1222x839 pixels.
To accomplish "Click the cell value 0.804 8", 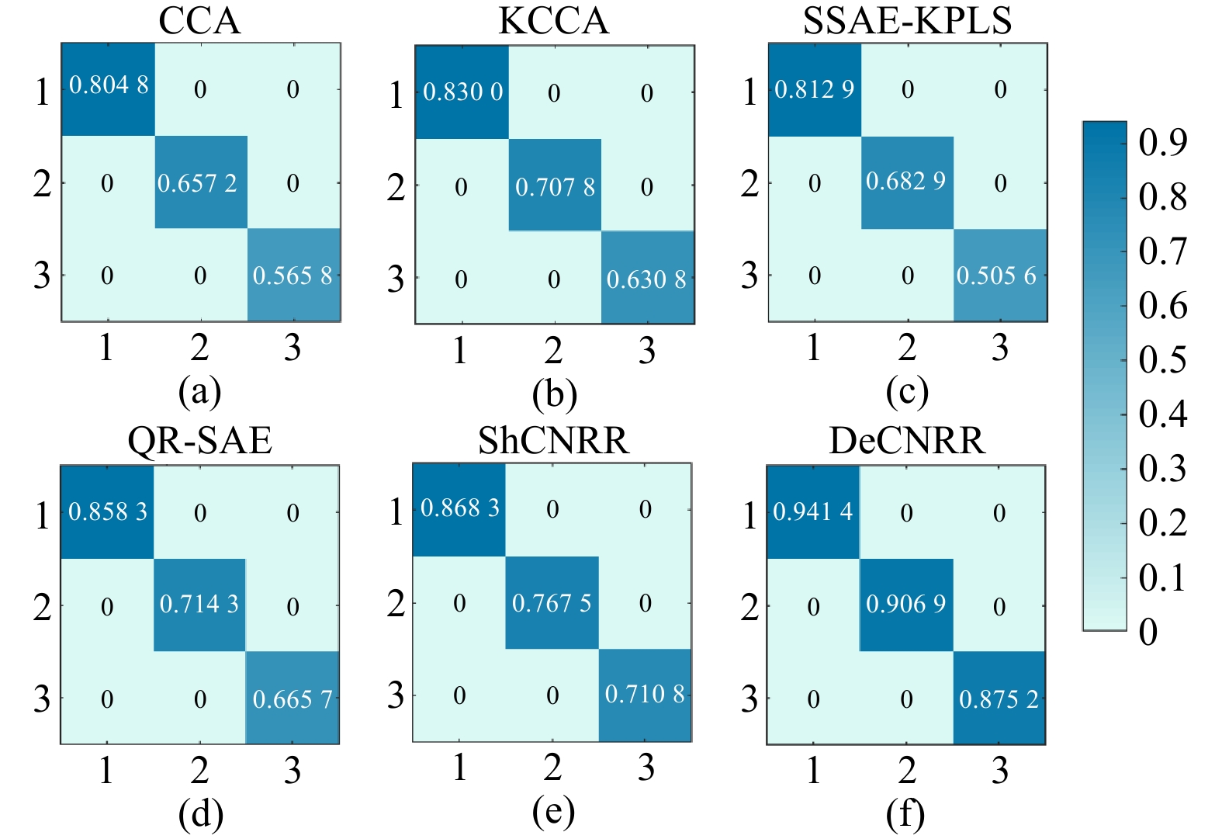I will [109, 85].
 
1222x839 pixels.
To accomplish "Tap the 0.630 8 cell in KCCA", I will [646, 279].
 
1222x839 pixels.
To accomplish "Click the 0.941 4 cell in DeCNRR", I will [812, 511].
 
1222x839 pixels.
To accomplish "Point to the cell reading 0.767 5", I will [552, 602].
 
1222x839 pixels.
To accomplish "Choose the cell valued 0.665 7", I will [293, 699].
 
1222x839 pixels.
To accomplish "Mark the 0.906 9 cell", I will [906, 604].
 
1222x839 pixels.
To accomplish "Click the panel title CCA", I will [199, 21].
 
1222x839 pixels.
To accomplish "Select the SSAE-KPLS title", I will [907, 21].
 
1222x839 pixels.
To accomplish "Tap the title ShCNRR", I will [553, 441].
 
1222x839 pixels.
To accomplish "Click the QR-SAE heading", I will [199, 441].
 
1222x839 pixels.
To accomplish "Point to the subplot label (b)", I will [554, 394].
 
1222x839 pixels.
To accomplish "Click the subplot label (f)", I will [905, 814].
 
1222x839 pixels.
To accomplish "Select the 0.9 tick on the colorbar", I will [1162, 143].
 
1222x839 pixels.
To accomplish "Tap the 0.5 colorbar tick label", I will [1162, 360].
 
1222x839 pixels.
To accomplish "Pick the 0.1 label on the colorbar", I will [1162, 578].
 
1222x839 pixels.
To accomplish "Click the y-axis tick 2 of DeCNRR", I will [749, 607].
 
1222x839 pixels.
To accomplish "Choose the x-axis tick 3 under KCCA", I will [647, 351].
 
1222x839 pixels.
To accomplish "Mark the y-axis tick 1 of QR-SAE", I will [43, 515].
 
